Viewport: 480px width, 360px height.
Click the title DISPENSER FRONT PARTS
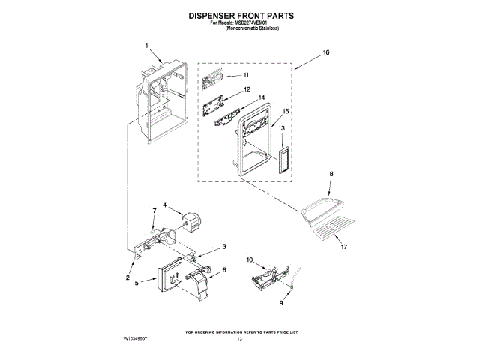(240, 15)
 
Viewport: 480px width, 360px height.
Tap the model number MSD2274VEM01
(259, 22)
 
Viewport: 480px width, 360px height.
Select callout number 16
(326, 52)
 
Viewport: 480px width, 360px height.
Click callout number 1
(147, 44)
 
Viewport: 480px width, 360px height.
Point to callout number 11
(246, 76)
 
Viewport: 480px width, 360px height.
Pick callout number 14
(262, 97)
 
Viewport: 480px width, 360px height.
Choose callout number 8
(330, 173)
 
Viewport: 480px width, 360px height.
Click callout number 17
(343, 247)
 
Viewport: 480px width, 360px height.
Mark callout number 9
(282, 304)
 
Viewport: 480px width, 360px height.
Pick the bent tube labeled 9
(295, 281)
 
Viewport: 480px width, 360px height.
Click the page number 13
(240, 340)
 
